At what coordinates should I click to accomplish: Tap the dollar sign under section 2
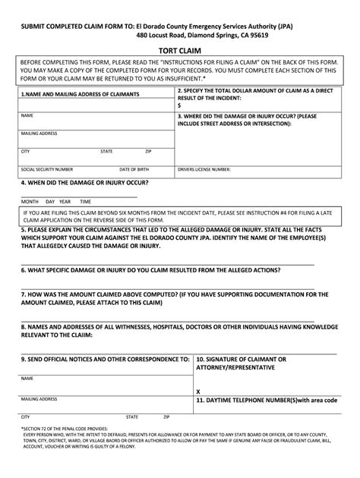coord(179,105)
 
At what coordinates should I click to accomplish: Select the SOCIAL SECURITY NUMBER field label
coord(47,169)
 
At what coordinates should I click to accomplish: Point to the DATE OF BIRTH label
coord(134,169)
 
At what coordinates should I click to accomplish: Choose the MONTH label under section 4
coord(30,201)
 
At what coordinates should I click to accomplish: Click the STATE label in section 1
coord(106,151)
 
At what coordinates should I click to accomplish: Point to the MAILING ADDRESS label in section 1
coord(39,133)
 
